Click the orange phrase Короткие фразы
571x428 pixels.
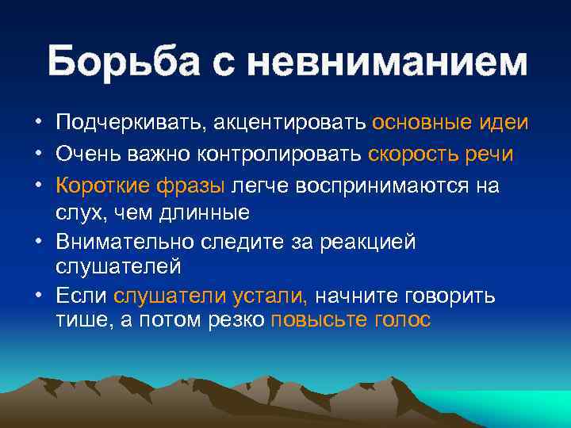pos(141,185)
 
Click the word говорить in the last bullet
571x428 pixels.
pos(450,296)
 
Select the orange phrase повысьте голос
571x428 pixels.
pos(351,320)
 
